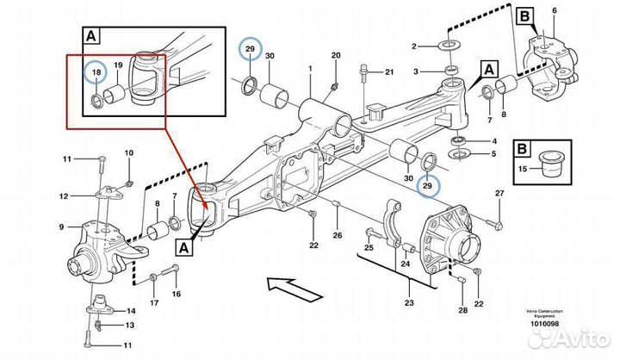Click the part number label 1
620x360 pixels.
pyautogui.click(x=310, y=67)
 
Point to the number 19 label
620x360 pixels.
pyautogui.click(x=119, y=66)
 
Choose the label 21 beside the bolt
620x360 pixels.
pyautogui.click(x=388, y=71)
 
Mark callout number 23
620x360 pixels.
pyautogui.click(x=408, y=301)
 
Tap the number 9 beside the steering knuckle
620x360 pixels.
pyautogui.click(x=62, y=227)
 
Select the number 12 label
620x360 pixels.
pyautogui.click(x=64, y=196)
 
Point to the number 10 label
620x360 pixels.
pyautogui.click(x=129, y=153)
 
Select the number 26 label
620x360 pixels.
pyautogui.click(x=338, y=236)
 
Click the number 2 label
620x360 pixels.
pyautogui.click(x=413, y=46)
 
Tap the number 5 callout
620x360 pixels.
pyautogui.click(x=493, y=155)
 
